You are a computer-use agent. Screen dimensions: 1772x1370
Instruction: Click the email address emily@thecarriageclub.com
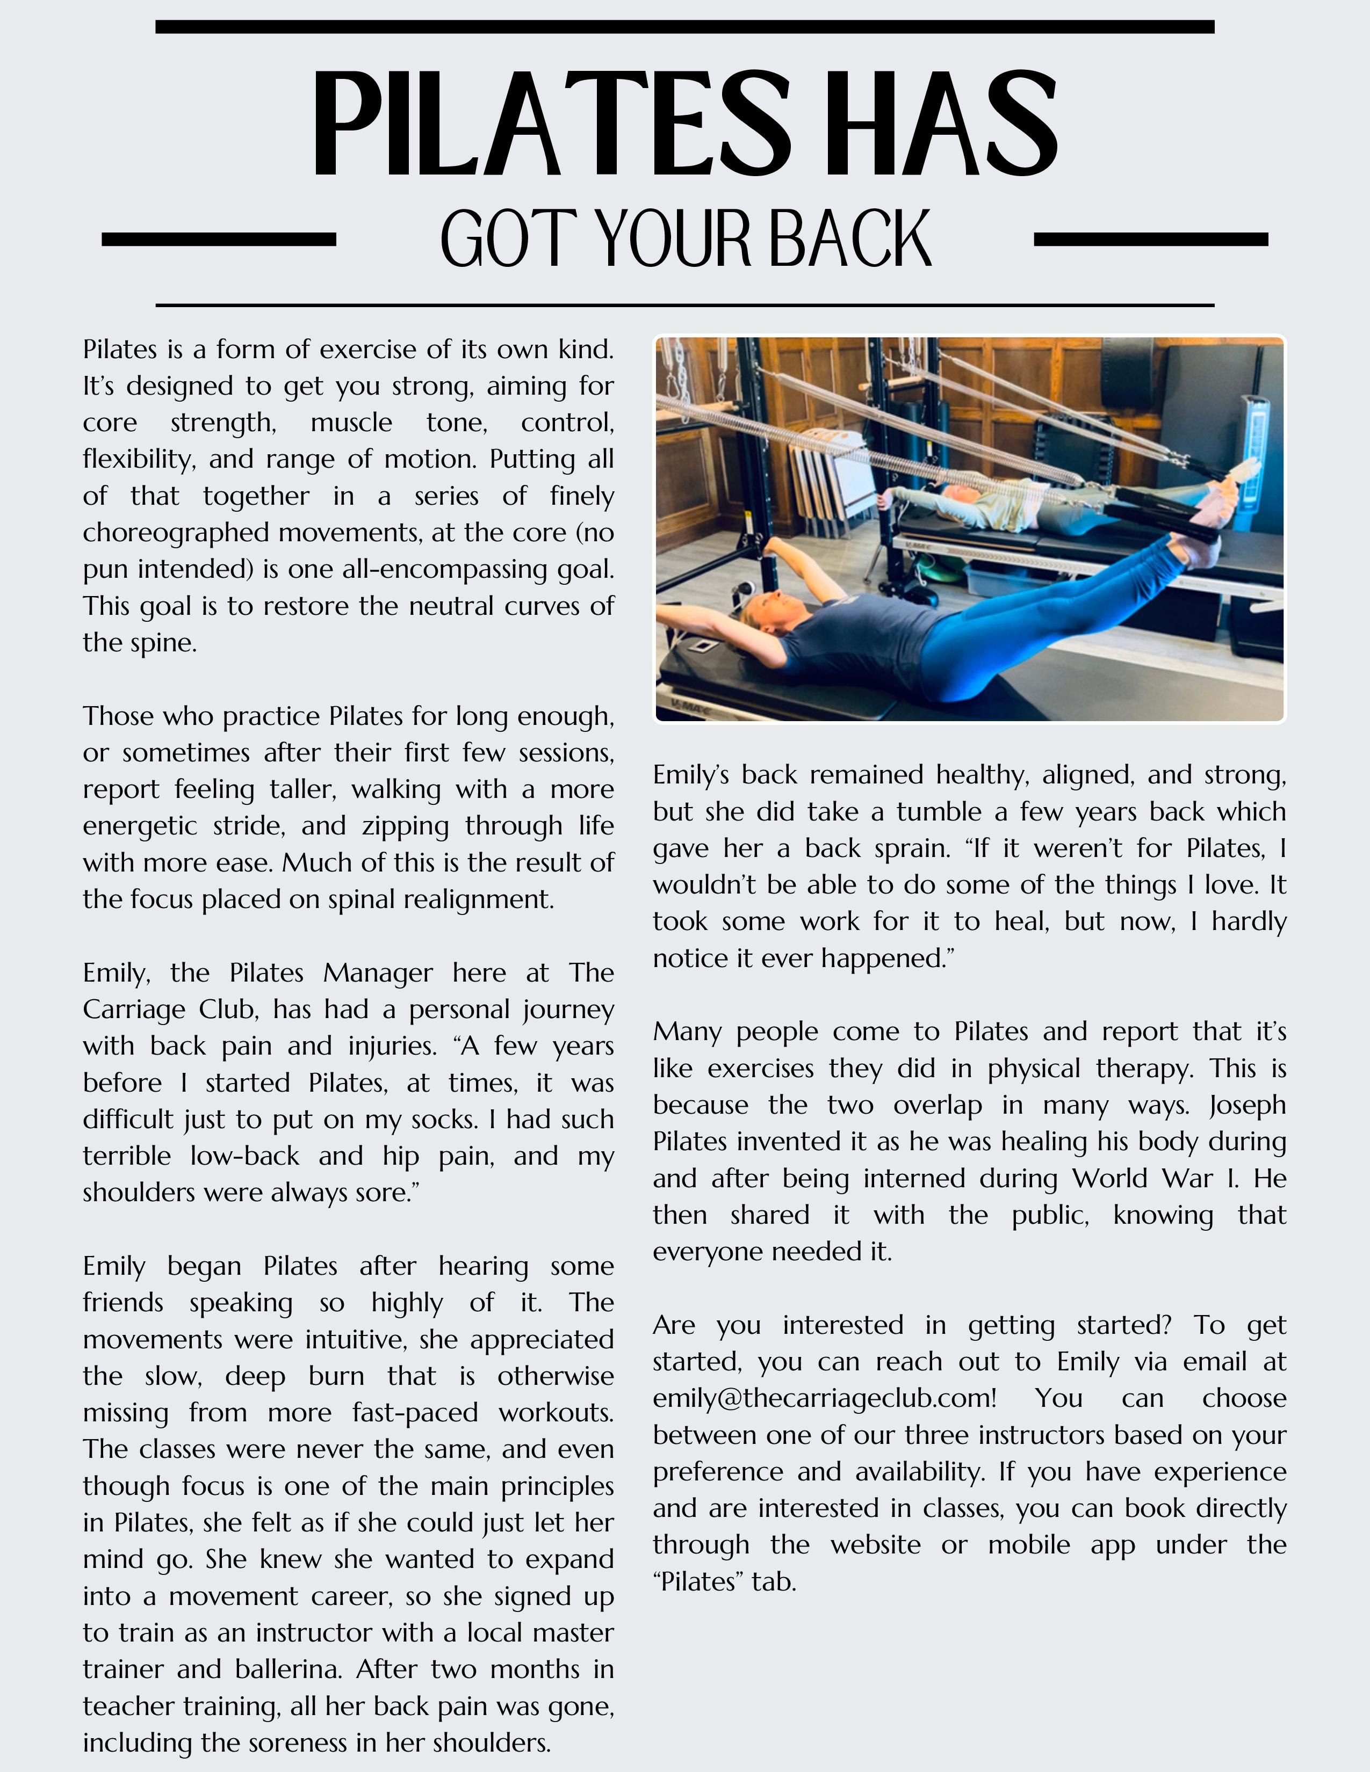824,1398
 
